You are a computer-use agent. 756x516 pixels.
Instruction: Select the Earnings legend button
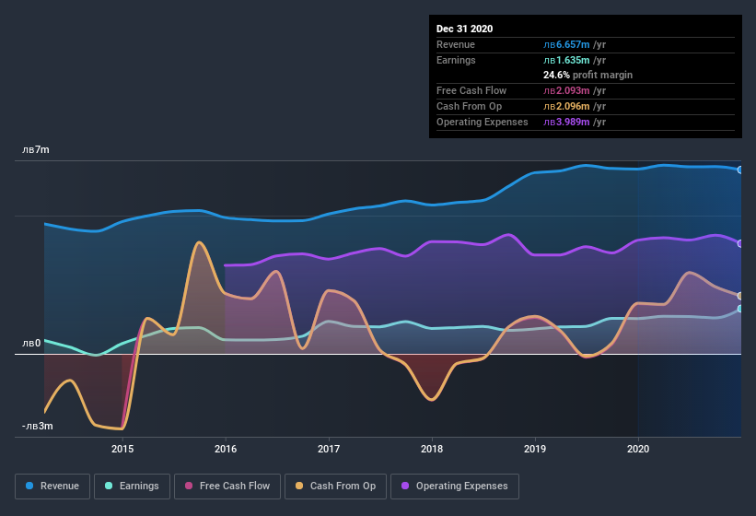pos(133,486)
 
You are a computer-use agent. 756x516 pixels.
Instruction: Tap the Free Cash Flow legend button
pos(228,486)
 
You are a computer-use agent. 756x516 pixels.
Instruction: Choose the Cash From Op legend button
pos(336,486)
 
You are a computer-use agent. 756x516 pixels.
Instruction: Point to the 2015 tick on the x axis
pos(122,449)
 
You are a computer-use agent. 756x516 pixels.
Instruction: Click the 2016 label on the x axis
pos(226,449)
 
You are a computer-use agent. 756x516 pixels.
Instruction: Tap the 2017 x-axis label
pos(329,449)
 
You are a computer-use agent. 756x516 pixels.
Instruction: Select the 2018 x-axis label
pos(432,449)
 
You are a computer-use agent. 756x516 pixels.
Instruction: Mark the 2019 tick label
pos(535,449)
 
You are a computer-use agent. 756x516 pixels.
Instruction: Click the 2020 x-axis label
pos(638,449)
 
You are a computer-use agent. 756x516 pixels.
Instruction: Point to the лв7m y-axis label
pos(37,149)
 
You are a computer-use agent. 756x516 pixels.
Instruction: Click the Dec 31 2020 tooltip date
pos(464,29)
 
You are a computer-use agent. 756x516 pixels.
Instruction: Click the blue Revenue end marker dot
pos(740,170)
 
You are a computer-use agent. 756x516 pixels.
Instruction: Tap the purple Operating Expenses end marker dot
pos(740,243)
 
